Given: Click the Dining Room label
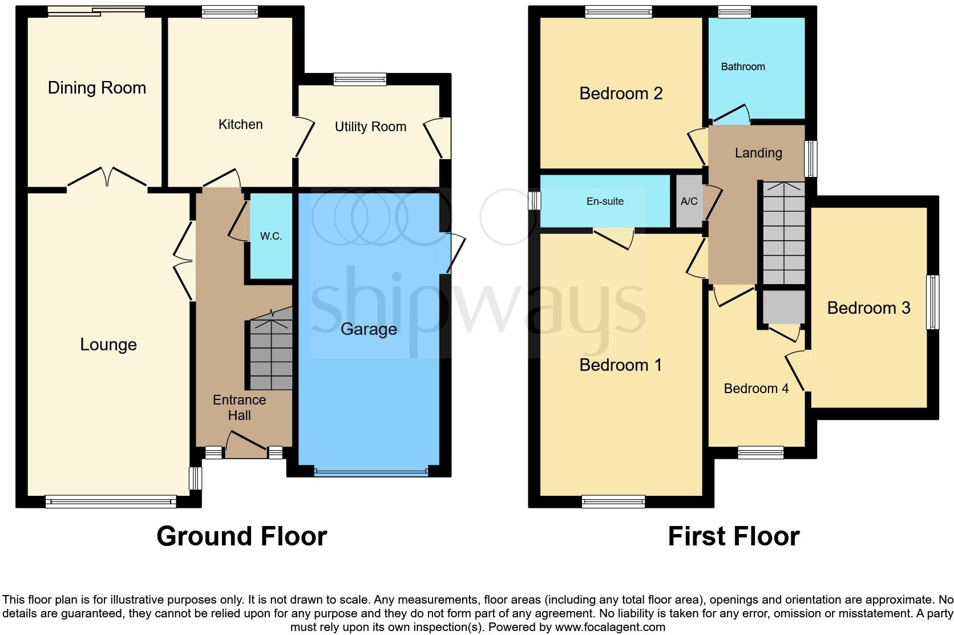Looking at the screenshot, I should point(96,88).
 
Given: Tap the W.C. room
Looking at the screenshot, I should point(271,236).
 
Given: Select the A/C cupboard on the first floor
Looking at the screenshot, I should point(689,201).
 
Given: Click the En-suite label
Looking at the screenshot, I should point(605,201).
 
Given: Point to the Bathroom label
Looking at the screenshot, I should point(742,67).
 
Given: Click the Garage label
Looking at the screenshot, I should point(369,329).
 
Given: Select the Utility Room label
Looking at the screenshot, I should point(370,127).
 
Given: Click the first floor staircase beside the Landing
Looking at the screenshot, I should point(783,234).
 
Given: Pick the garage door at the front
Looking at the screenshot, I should point(371,472).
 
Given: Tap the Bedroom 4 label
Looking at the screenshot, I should point(756,389).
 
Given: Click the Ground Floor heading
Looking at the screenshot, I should point(241,537).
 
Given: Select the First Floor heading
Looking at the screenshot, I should point(733,537).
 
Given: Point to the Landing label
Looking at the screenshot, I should point(758,153).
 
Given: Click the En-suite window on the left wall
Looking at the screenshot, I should point(534,201).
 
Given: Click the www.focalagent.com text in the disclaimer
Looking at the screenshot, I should point(609,627).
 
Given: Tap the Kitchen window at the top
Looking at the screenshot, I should point(229,11).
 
